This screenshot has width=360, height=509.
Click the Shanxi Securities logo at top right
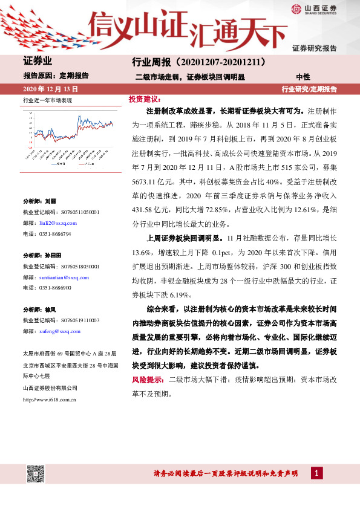click(313, 8)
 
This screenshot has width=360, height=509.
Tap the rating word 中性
click(303, 77)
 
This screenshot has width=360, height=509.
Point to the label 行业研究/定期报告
click(309, 89)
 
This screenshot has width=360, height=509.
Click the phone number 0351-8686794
click(55, 233)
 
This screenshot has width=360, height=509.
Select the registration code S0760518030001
click(73, 266)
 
